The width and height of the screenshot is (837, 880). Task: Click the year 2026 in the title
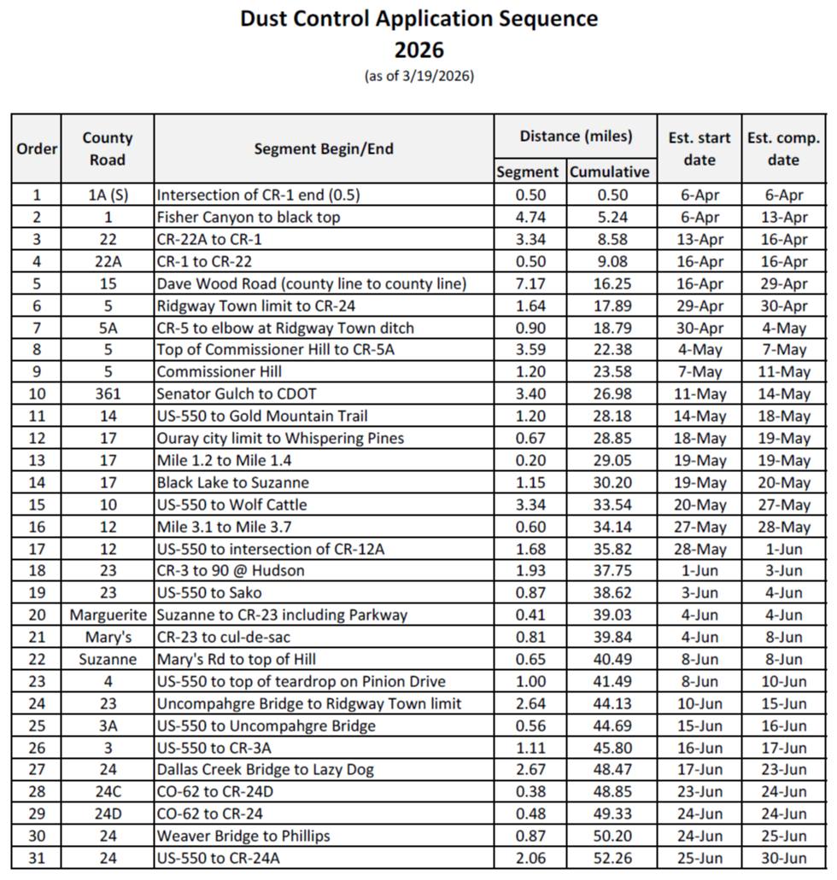(418, 49)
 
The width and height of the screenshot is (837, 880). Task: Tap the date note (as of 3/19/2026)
(418, 76)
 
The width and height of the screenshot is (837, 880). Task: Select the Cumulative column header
(609, 172)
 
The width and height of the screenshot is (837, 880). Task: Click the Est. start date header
(699, 149)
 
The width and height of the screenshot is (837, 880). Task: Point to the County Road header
(108, 149)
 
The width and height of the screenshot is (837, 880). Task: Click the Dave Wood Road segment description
(311, 283)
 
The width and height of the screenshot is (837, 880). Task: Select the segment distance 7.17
(530, 283)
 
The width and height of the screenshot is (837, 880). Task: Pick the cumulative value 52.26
(609, 858)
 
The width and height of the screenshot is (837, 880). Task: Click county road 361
(108, 394)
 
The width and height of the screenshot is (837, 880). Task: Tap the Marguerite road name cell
(108, 615)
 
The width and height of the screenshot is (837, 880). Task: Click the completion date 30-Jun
(782, 858)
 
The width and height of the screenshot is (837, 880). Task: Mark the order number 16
(36, 527)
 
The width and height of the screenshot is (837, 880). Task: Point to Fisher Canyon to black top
(248, 217)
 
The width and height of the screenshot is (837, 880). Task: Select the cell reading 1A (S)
(108, 195)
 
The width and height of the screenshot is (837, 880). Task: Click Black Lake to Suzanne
(232, 482)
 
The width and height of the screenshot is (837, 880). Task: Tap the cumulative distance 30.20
(609, 482)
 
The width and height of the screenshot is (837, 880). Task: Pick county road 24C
(108, 791)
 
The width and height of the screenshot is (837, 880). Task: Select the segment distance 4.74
(530, 217)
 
